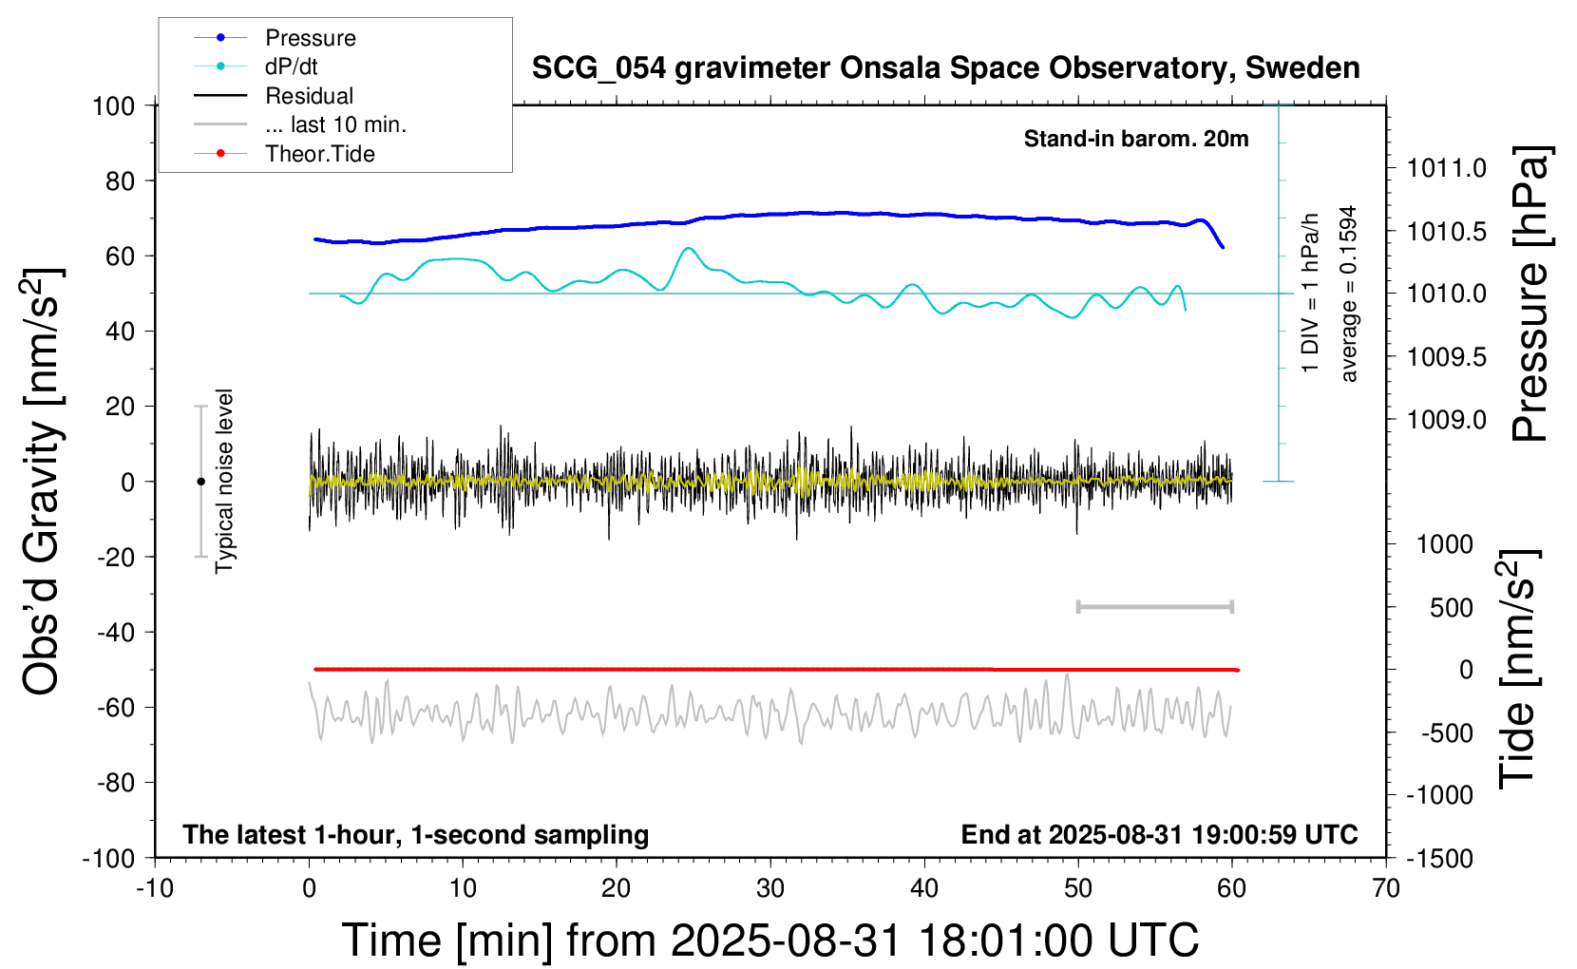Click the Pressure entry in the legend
click(310, 38)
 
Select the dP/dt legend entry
click(291, 66)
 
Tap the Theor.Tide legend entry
click(319, 154)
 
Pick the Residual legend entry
click(309, 96)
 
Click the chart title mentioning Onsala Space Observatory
click(945, 68)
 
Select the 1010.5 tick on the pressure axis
click(1446, 231)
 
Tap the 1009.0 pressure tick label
click(1446, 419)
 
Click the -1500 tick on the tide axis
click(1440, 858)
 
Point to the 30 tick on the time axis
click(770, 889)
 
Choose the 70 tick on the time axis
click(1386, 889)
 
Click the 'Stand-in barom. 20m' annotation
click(1135, 139)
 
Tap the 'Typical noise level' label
click(224, 481)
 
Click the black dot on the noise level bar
click(200, 482)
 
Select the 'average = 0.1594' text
click(1349, 294)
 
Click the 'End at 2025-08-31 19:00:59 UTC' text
click(1159, 834)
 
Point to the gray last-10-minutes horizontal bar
click(1154, 606)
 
